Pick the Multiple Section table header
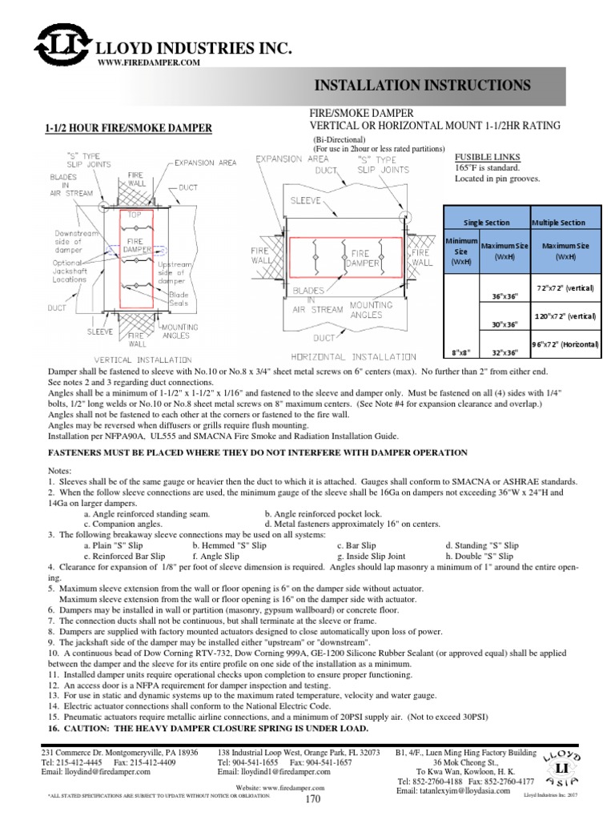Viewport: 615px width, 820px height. [x=558, y=222]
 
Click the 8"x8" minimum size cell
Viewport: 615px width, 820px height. [x=460, y=351]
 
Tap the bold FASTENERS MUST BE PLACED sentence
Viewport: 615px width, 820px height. [x=259, y=452]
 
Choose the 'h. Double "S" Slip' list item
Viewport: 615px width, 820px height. [x=480, y=554]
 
